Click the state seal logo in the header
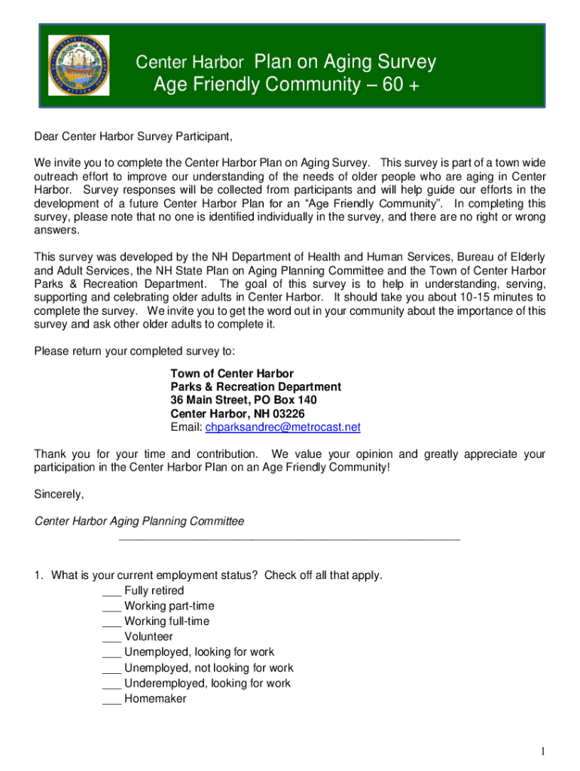pos(79,65)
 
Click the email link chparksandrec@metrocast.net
pos(282,427)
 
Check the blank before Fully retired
pos(111,591)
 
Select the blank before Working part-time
pos(111,606)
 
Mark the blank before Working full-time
pos(111,622)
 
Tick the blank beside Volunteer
pos(111,637)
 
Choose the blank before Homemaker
pos(111,699)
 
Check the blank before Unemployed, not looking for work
pos(111,668)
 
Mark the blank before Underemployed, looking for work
pos(111,684)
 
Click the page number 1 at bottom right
pos(542,751)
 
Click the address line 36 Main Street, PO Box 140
pos(243,400)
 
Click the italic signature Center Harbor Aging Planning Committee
pos(139,521)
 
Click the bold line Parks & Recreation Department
pos(255,386)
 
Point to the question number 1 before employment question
pos(38,575)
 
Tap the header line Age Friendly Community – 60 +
pos(285,85)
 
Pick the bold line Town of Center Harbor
pos(232,373)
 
